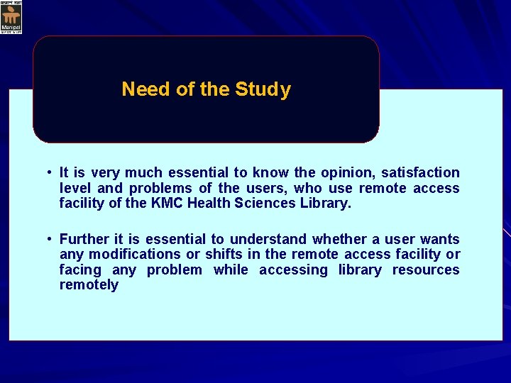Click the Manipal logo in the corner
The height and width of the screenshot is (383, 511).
11,17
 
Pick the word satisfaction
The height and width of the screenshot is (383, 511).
421,172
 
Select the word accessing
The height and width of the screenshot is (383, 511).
293,270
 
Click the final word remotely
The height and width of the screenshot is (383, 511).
89,285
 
